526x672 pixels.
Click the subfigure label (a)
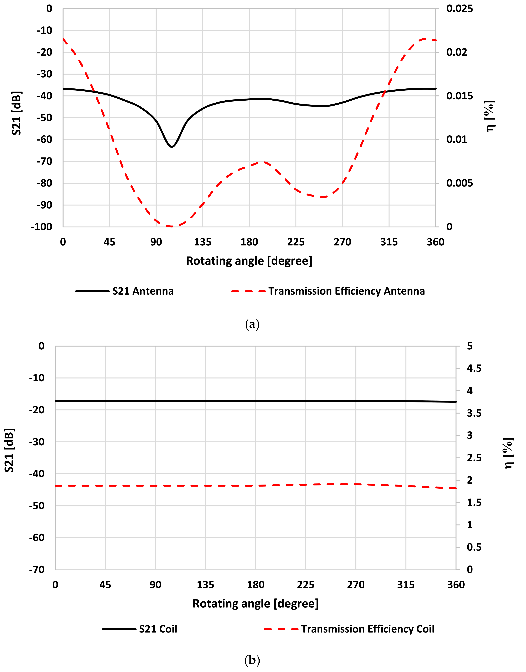click(252, 324)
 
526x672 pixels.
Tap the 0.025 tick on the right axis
click(459, 9)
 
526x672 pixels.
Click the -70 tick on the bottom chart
click(37, 570)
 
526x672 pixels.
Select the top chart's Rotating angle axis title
click(249, 261)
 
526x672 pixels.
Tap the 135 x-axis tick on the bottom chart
click(205, 585)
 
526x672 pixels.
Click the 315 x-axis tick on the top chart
click(389, 242)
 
